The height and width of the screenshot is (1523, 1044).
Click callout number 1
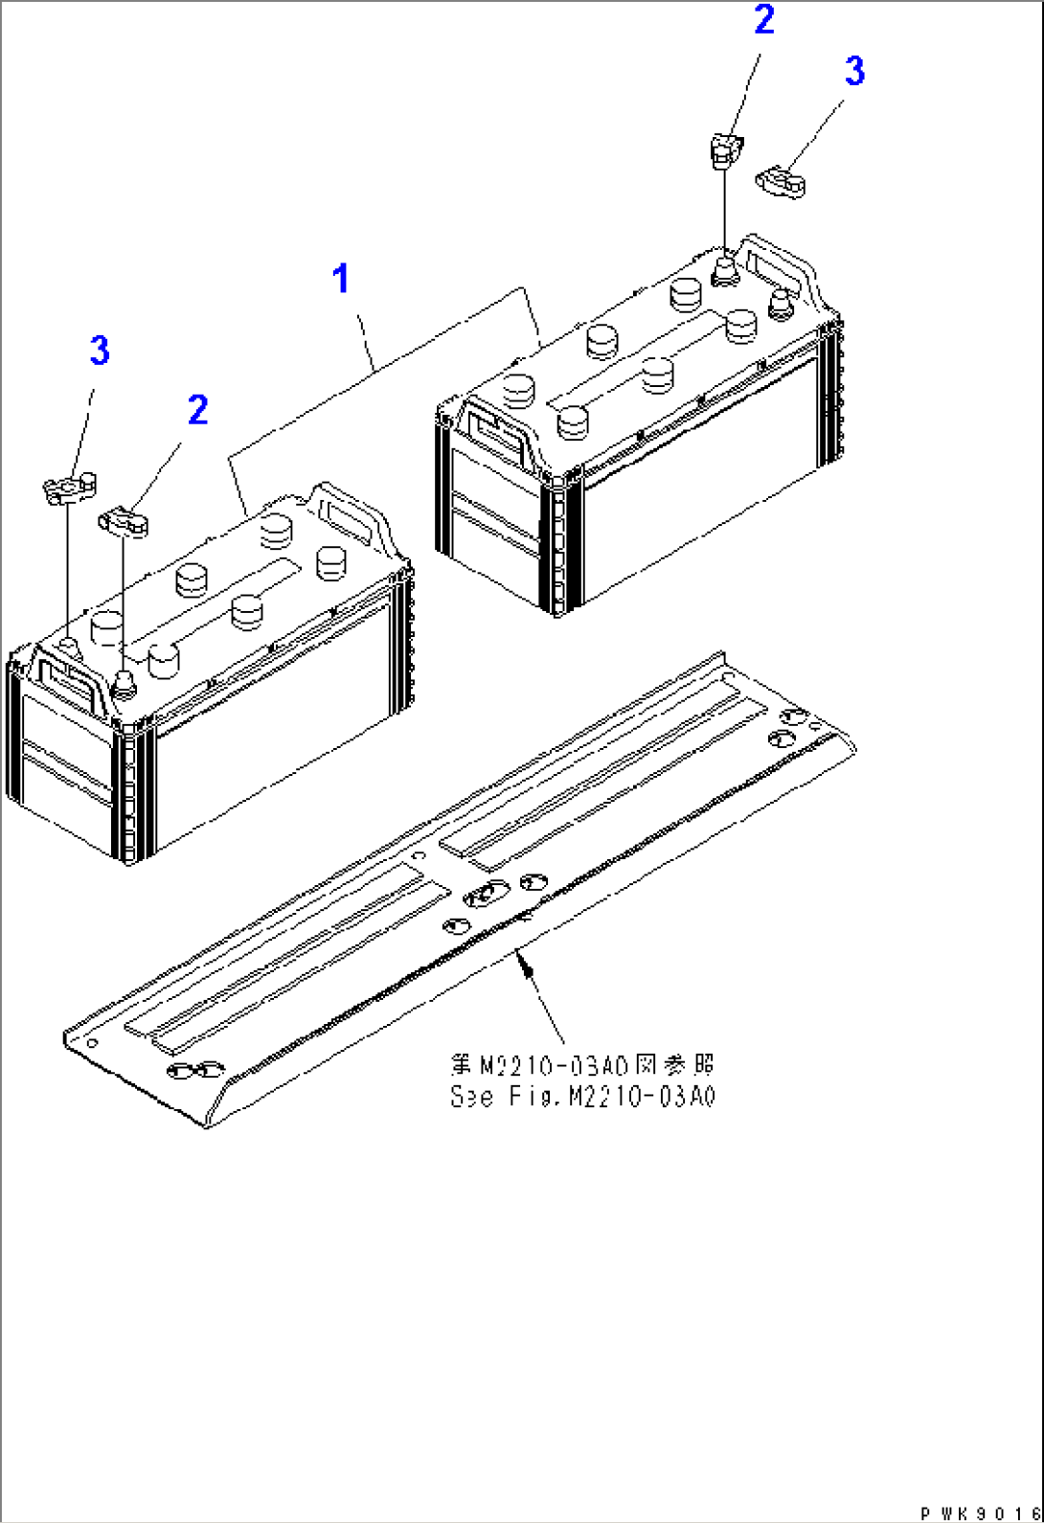pyautogui.click(x=340, y=280)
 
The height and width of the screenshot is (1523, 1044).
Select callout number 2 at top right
pyautogui.click(x=763, y=20)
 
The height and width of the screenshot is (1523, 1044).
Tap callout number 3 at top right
pyautogui.click(x=854, y=71)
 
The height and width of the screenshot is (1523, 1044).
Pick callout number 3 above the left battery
pyautogui.click(x=100, y=351)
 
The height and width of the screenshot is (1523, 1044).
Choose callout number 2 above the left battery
pyautogui.click(x=197, y=410)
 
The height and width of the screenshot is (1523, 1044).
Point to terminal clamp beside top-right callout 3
pyautogui.click(x=783, y=181)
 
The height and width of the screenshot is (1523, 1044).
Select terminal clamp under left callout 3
pyautogui.click(x=70, y=488)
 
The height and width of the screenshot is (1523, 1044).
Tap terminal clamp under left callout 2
pyautogui.click(x=125, y=523)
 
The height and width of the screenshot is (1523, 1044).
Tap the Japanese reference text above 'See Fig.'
pyautogui.click(x=582, y=1065)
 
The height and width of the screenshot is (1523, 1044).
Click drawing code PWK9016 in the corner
pyautogui.click(x=979, y=1512)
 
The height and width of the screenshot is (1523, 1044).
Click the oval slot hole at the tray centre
pyautogui.click(x=486, y=895)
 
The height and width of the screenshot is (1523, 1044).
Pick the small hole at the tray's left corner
pyautogui.click(x=91, y=1042)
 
